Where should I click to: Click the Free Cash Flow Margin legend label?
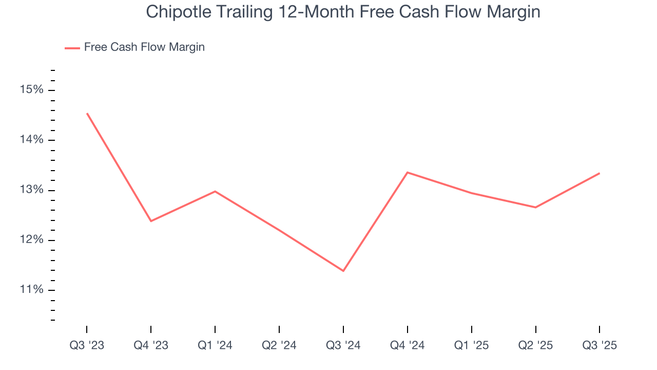tap(144, 47)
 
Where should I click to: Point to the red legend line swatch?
tap(72, 48)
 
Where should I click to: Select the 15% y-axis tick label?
tap(32, 90)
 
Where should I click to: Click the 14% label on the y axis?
tap(32, 140)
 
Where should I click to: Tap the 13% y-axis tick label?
tap(32, 190)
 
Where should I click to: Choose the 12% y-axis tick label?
tap(32, 240)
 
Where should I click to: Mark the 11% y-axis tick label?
tap(32, 290)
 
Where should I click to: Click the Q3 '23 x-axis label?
tap(87, 346)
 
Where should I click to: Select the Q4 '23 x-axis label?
tap(151, 346)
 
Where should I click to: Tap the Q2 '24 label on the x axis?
tap(279, 346)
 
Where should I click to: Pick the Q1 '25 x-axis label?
tap(472, 346)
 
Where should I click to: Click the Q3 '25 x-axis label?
tap(600, 346)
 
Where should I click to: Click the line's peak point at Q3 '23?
tap(87, 114)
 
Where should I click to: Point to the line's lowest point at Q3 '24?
tap(343, 271)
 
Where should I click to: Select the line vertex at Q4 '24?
tap(408, 172)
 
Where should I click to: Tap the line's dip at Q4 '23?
tap(151, 221)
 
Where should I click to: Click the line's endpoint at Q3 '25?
tap(600, 173)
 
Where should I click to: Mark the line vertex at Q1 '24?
tap(215, 191)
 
